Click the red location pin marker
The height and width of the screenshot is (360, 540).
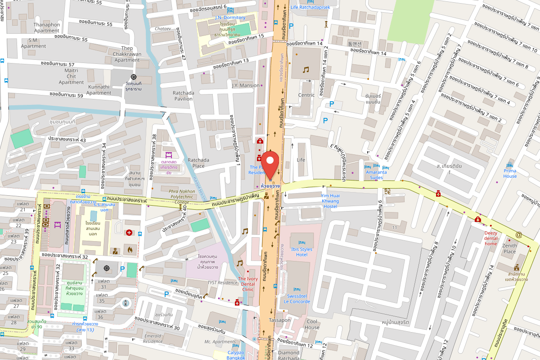[270, 164]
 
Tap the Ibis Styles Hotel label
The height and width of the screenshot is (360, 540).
[301, 252]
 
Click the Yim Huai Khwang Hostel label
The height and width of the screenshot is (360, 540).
[330, 201]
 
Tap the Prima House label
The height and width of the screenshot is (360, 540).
[510, 173]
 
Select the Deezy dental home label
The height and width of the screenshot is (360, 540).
[490, 238]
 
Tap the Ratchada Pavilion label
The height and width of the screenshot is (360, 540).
[184, 96]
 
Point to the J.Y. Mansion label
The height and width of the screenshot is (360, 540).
[246, 85]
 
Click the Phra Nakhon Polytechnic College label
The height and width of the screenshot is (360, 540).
[182, 197]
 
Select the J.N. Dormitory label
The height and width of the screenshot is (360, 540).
[230, 18]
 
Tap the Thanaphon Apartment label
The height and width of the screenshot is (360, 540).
[47, 27]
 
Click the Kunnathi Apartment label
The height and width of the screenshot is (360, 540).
[99, 90]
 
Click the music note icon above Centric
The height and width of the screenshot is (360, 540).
[306, 70]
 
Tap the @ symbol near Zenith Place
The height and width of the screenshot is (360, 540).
[518, 234]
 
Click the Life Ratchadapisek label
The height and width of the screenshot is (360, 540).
[310, 7]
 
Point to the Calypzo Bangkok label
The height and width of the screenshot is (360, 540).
[235, 355]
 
